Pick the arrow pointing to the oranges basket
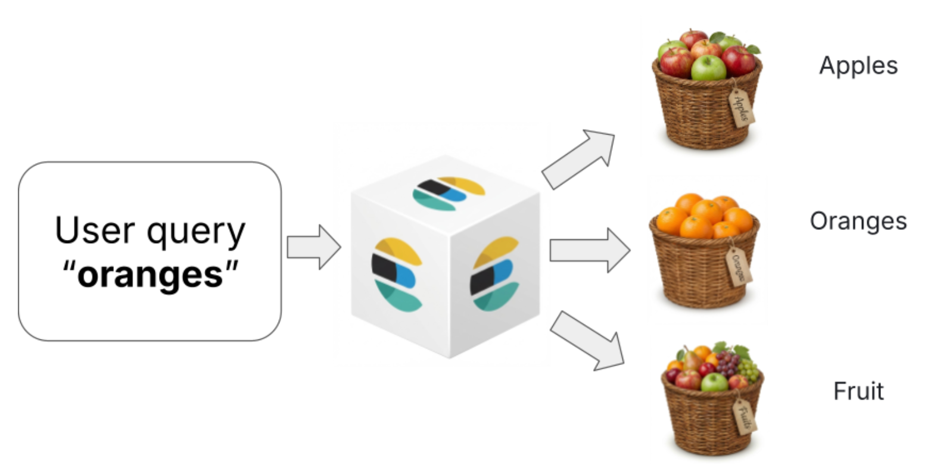click(x=589, y=250)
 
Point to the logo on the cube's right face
click(x=494, y=273)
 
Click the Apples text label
click(x=858, y=66)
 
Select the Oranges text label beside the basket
click(x=858, y=221)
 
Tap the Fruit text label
click(x=858, y=391)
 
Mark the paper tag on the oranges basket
click(x=739, y=266)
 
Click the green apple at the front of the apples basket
click(x=708, y=68)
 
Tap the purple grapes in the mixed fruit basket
click(x=727, y=363)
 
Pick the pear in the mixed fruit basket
click(x=692, y=359)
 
